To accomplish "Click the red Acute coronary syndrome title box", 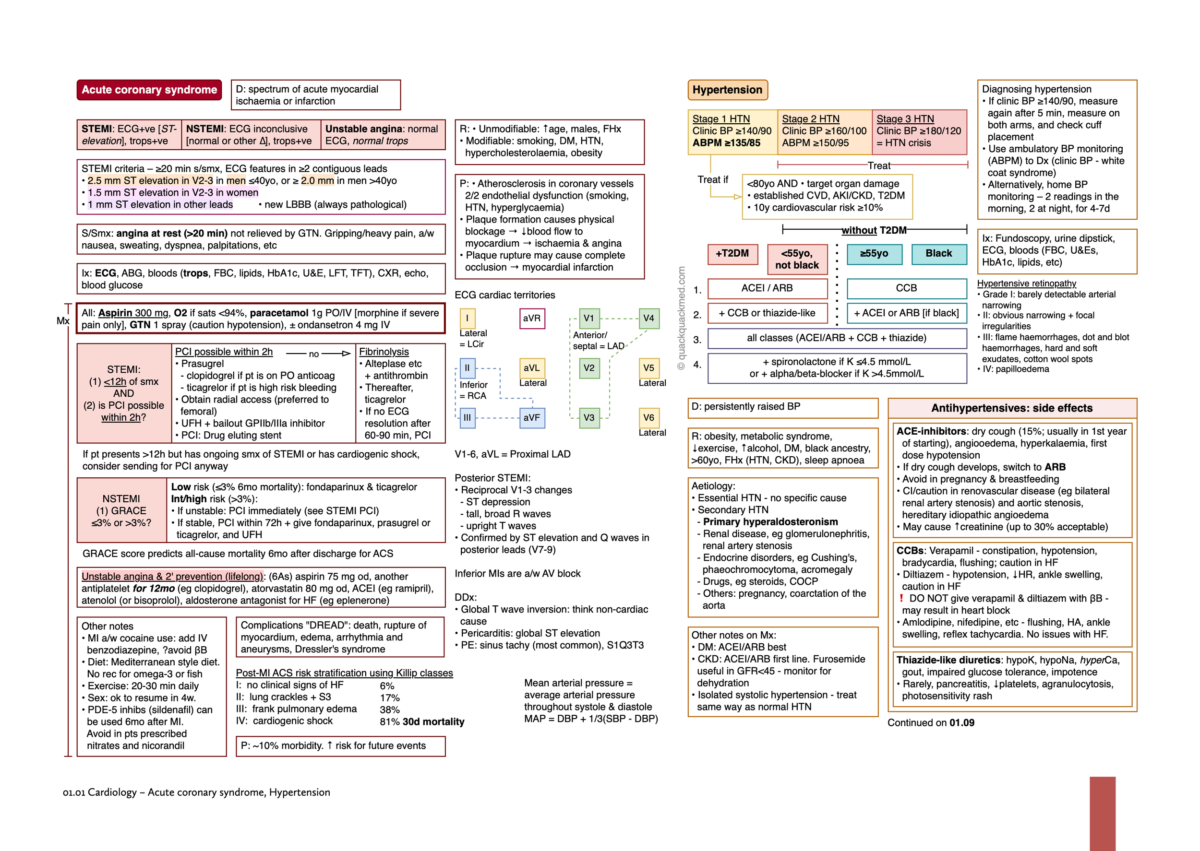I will click(x=149, y=90).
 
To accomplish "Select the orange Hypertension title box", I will click(x=727, y=90).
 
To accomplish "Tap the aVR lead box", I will click(x=531, y=318).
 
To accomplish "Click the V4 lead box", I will click(x=648, y=318).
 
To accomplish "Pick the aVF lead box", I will click(x=531, y=418).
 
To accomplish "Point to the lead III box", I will click(x=467, y=418).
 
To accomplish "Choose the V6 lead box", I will click(x=648, y=418).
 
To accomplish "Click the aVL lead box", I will click(x=531, y=368).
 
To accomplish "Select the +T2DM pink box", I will click(x=732, y=254).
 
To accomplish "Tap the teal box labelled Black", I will click(x=938, y=254).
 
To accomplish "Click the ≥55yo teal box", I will click(x=874, y=254).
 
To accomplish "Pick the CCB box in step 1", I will click(x=906, y=288).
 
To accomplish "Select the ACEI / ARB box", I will click(x=767, y=288).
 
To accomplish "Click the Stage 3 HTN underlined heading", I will click(x=905, y=119).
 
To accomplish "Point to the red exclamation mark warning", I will click(x=901, y=598).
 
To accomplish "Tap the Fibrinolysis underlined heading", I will click(x=384, y=352).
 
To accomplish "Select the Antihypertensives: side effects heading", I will click(x=1012, y=408).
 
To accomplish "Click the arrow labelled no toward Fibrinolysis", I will click(x=325, y=354).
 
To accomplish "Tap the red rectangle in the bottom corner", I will click(x=1102, y=813).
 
